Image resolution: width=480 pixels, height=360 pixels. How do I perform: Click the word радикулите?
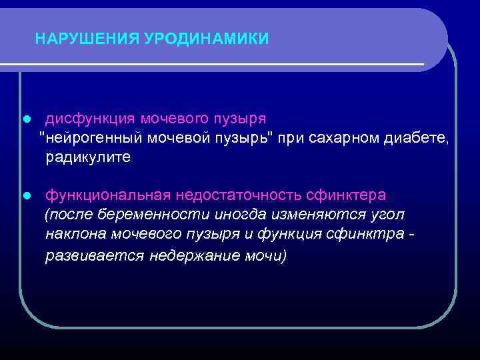89,158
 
